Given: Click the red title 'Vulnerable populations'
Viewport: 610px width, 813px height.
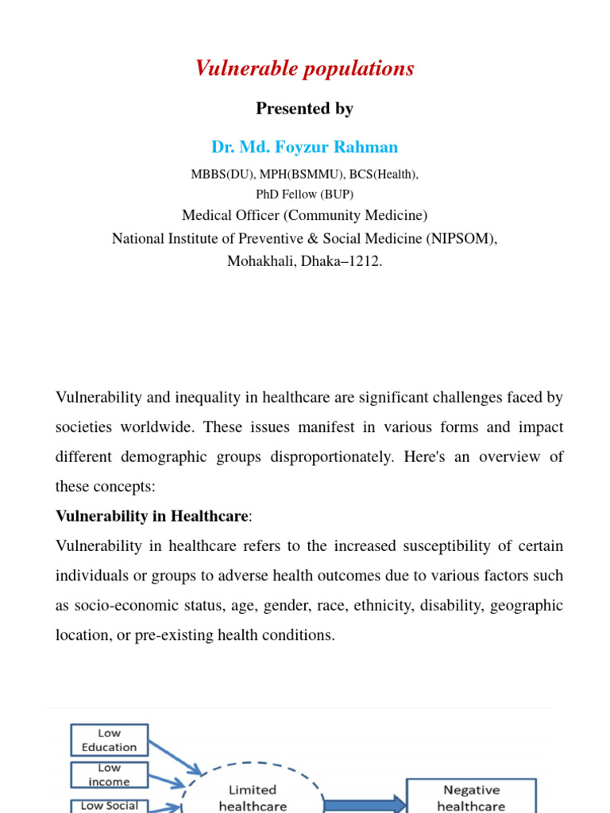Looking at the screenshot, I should click(304, 69).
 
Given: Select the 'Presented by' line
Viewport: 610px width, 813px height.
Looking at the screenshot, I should click(304, 109).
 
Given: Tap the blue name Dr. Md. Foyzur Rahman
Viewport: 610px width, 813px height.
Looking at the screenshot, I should click(304, 147).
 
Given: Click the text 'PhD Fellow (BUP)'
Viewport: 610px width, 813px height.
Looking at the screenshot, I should click(304, 194).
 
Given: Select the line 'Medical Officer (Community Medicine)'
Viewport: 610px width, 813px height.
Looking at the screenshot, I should click(304, 215).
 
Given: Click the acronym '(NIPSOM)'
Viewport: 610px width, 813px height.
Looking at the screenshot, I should click(461, 238).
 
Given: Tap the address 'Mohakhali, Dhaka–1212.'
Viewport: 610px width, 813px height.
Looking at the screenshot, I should click(304, 261).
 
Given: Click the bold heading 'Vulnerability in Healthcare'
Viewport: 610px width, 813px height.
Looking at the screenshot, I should click(152, 516).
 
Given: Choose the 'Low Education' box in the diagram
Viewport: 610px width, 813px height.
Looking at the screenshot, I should click(109, 740).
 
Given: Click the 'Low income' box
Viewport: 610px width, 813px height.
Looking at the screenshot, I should click(109, 775).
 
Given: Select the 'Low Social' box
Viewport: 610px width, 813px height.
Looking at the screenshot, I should click(109, 805).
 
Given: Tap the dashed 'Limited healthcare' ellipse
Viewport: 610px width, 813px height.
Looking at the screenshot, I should click(253, 797).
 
